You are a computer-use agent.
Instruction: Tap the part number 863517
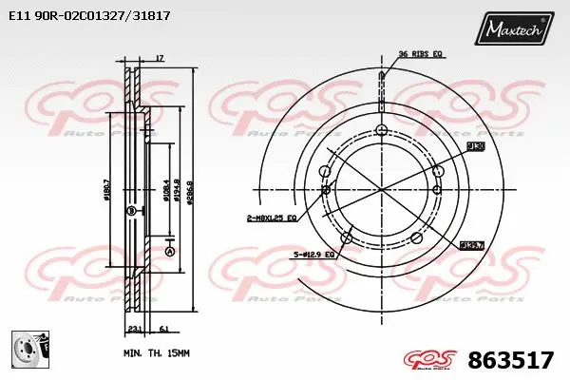pos(511,360)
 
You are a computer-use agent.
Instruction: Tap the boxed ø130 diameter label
pos(476,146)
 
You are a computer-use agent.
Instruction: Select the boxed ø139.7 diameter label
pos(473,245)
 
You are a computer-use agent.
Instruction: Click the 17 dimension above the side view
pos(159,59)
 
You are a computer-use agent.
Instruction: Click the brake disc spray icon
pos(29,351)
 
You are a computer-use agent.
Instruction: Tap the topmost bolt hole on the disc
pos(382,131)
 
